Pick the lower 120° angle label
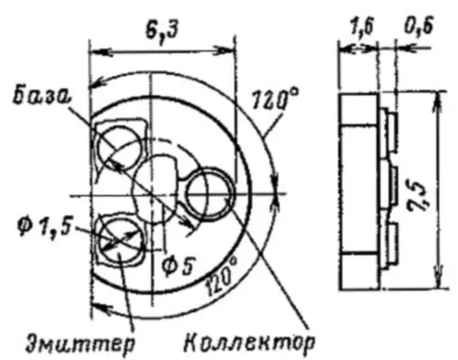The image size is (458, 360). coord(223,272)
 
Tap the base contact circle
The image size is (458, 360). coord(121,145)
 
